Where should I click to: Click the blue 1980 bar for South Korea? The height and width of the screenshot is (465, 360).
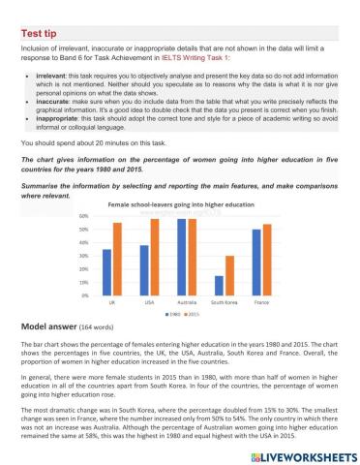tap(218, 285)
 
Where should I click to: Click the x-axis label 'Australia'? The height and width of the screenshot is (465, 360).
tap(187, 303)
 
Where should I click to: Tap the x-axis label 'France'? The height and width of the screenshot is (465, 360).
tap(261, 303)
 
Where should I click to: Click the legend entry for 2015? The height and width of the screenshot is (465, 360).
tap(194, 315)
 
